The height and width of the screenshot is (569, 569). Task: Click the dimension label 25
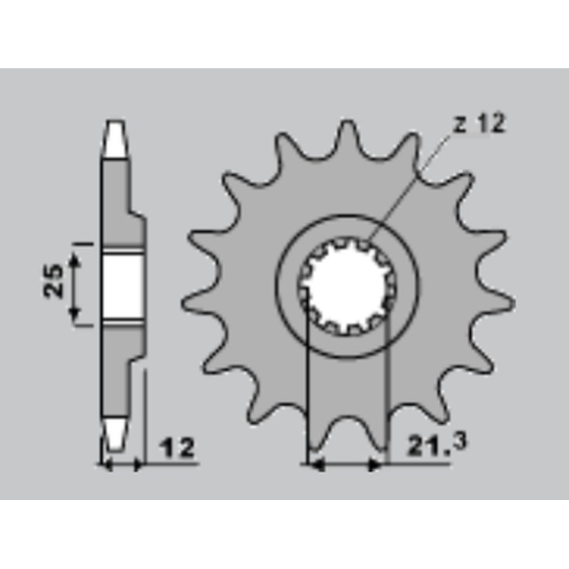[53, 280]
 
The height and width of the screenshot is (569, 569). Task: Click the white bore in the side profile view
[121, 286]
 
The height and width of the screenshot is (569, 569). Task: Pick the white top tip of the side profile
[116, 139]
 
